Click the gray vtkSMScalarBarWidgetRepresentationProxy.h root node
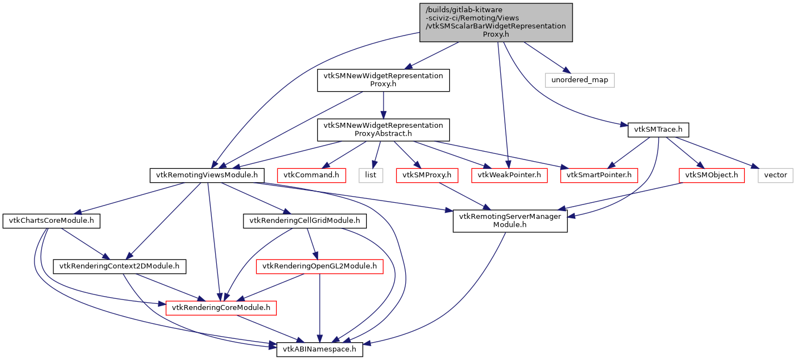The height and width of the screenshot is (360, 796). (x=495, y=22)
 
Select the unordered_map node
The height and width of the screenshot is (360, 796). (x=580, y=80)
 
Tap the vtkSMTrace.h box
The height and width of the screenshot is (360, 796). (x=658, y=131)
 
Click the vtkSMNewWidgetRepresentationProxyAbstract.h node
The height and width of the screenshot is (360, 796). (x=382, y=129)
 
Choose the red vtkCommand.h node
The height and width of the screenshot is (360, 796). (x=311, y=175)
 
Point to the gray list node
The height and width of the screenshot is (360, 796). (x=371, y=175)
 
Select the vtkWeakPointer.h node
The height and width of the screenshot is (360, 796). (x=509, y=175)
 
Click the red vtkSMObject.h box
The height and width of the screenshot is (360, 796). (x=712, y=175)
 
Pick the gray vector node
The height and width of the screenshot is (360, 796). (x=775, y=175)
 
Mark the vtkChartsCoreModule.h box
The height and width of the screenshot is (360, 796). (x=51, y=221)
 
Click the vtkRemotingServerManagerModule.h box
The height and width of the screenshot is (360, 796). (x=510, y=221)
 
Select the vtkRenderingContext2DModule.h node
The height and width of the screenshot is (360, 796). (x=120, y=266)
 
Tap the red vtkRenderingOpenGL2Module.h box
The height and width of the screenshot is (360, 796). (x=320, y=266)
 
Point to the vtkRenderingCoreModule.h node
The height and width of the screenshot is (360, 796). (x=221, y=307)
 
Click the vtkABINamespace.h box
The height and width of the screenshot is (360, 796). (x=320, y=349)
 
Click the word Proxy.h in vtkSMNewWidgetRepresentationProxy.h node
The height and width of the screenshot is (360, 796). (x=382, y=84)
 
